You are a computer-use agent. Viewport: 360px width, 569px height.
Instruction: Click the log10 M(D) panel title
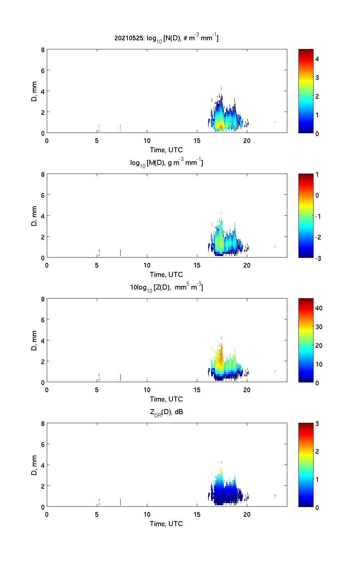(x=166, y=163)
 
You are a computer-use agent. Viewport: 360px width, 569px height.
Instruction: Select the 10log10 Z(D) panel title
(x=166, y=287)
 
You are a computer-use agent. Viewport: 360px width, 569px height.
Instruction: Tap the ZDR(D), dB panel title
(x=166, y=412)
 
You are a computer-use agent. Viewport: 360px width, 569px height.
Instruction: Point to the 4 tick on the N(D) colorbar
(x=317, y=59)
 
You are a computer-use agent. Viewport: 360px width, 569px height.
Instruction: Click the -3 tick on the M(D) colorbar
(x=318, y=258)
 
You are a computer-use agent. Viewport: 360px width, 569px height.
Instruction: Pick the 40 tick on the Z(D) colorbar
(x=319, y=308)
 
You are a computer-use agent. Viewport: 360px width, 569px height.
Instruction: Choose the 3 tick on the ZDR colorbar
(x=317, y=424)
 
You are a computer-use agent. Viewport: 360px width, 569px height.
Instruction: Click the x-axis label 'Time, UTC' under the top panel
(x=166, y=150)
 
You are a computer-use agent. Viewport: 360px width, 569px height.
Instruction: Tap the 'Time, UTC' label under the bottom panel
(x=166, y=524)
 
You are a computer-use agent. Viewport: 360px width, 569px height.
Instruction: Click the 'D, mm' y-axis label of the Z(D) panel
(x=35, y=341)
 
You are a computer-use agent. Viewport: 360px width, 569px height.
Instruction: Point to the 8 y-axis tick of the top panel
(x=42, y=50)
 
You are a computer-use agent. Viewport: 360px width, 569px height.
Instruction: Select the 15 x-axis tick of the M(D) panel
(x=197, y=265)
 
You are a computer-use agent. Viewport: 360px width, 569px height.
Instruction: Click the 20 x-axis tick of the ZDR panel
(x=247, y=514)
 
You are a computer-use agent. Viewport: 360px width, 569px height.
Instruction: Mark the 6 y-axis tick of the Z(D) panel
(x=42, y=320)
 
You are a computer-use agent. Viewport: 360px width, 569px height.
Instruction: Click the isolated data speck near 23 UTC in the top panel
(x=275, y=122)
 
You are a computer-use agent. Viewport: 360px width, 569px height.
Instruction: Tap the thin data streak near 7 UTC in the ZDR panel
(x=120, y=502)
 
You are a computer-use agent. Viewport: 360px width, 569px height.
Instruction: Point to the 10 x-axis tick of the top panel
(x=147, y=140)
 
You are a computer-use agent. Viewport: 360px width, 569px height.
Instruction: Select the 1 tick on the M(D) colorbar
(x=317, y=175)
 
